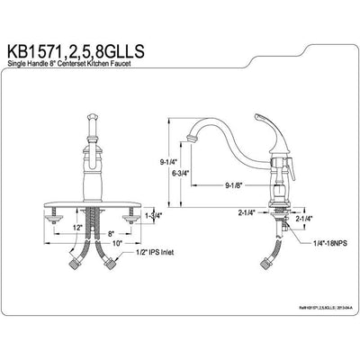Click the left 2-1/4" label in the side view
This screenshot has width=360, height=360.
[248, 212]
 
